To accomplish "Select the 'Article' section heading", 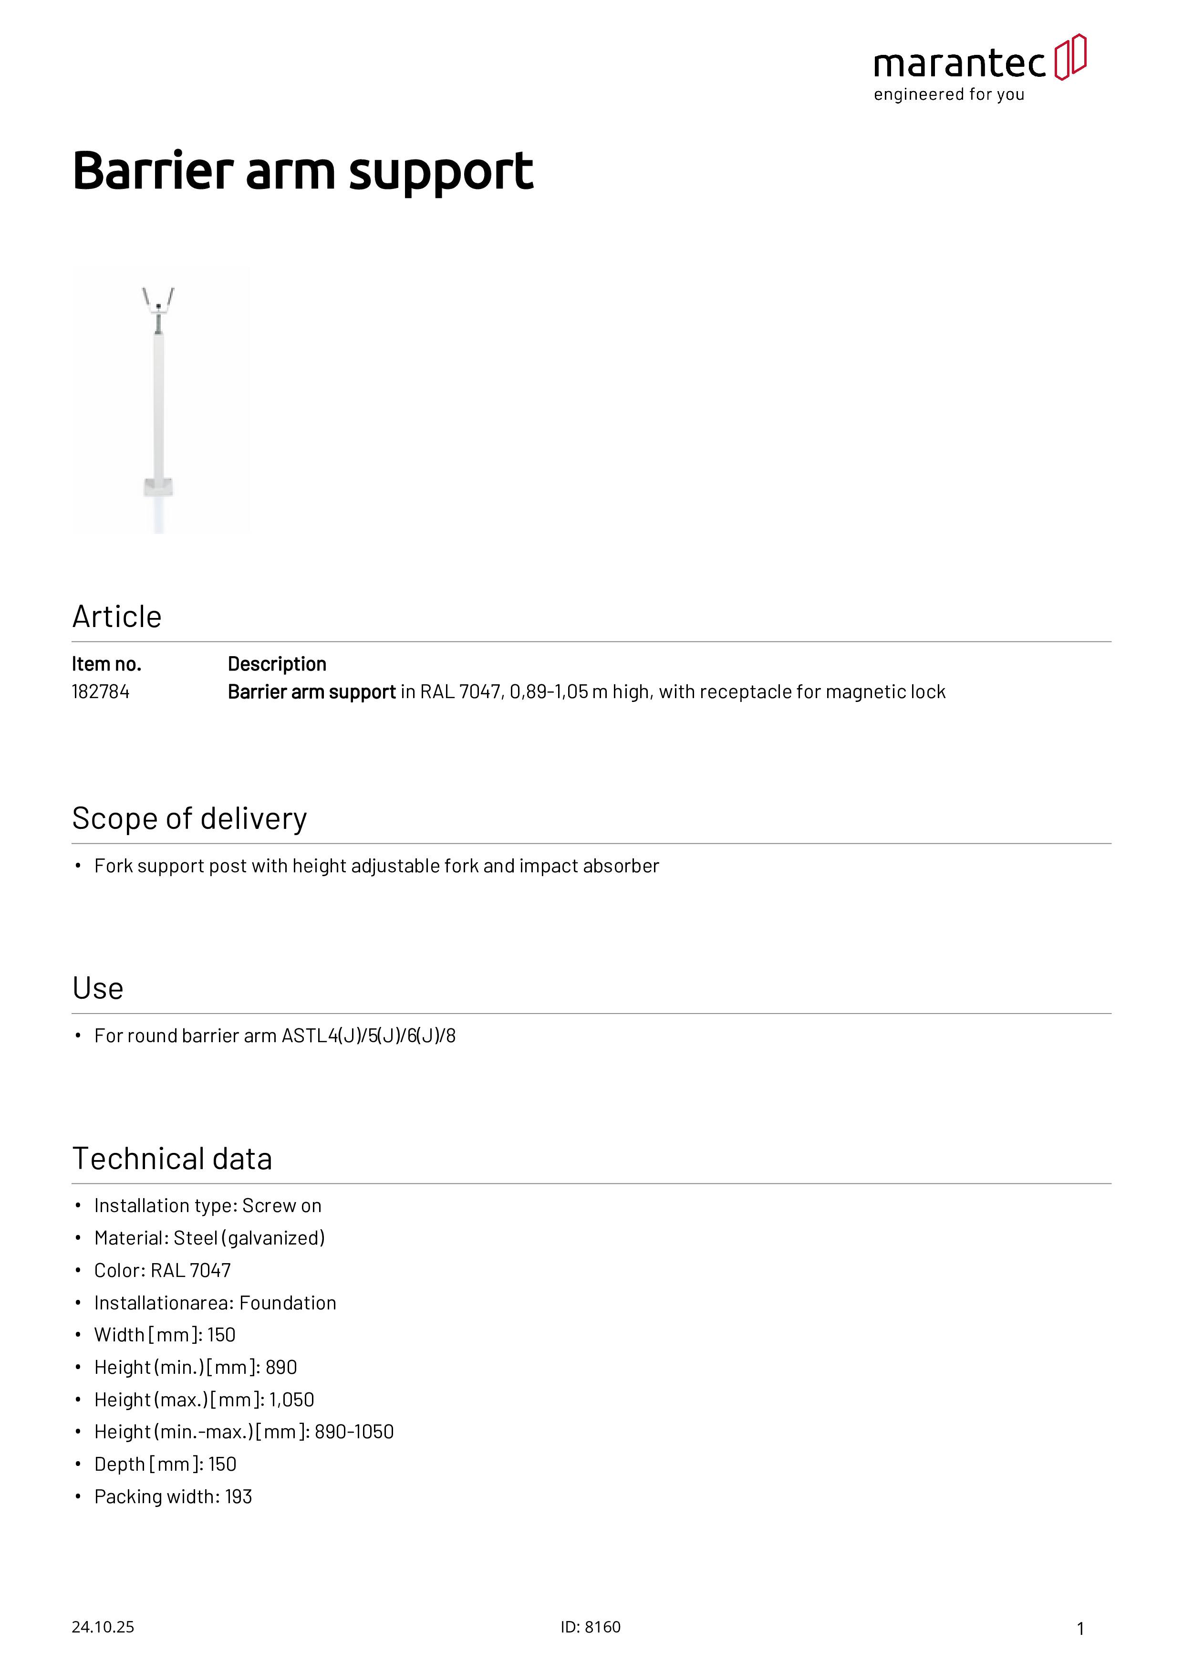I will click(x=116, y=617).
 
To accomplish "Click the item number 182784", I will click(x=101, y=692).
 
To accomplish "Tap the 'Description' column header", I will click(x=277, y=664).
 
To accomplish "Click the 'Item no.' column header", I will click(x=106, y=664).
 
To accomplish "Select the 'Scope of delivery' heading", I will click(x=189, y=819).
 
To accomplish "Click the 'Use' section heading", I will click(x=98, y=989).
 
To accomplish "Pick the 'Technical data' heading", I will click(x=172, y=1159).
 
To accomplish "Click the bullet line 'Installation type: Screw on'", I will click(x=208, y=1206).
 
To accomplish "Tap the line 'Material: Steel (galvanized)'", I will click(x=209, y=1238).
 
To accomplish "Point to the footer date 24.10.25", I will click(x=103, y=1627).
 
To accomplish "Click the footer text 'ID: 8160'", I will click(x=591, y=1627).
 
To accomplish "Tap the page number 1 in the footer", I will click(x=1080, y=1629).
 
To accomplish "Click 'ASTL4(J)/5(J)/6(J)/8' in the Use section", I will click(x=368, y=1036).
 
